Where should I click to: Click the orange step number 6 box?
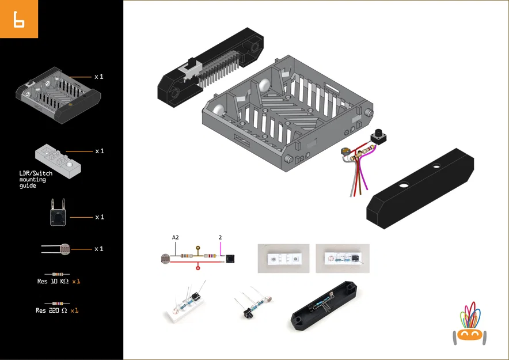pos(19,19)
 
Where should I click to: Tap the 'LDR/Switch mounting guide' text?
pos(36,179)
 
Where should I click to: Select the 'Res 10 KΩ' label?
pos(52,282)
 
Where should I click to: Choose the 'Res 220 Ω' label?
pos(51,310)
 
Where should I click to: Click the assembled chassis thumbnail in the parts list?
pos(58,95)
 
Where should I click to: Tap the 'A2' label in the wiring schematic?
pos(175,237)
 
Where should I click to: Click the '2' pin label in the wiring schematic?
pos(220,237)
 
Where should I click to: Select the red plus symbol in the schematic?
pos(199,267)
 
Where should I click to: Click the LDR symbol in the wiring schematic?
pos(166,259)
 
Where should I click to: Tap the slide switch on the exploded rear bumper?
pos(188,69)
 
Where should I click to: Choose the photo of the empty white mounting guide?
pos(283,259)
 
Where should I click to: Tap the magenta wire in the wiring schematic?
pos(221,248)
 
